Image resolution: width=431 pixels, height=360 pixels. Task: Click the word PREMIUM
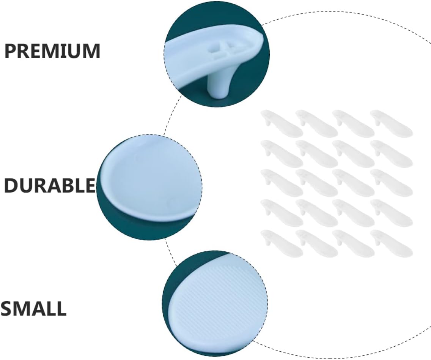52,51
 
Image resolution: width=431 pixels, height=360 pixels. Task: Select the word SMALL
33,309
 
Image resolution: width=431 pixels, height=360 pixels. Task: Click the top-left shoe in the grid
282,123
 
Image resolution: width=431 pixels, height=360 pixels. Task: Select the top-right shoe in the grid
392,123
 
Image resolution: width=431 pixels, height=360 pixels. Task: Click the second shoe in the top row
317,123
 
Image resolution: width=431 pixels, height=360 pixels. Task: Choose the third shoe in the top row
354,123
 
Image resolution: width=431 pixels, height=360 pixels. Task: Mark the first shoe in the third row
282,183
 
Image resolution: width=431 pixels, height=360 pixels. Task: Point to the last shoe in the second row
392,153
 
